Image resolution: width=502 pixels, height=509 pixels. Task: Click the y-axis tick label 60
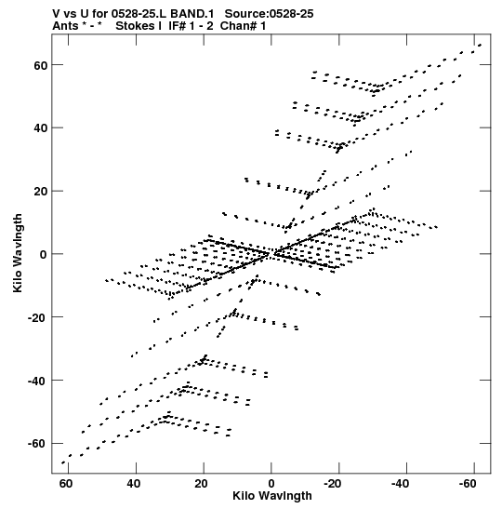click(x=41, y=65)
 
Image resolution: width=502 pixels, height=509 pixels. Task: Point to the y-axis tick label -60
click(x=37, y=444)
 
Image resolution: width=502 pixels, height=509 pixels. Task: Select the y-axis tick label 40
click(x=41, y=128)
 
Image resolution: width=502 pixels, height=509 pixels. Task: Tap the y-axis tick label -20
click(x=37, y=317)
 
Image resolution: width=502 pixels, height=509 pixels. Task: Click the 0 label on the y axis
click(x=44, y=255)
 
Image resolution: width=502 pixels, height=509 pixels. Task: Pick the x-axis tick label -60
click(x=468, y=484)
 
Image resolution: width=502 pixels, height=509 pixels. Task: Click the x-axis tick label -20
click(x=333, y=484)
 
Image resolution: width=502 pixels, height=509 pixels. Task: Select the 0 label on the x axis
click(x=271, y=484)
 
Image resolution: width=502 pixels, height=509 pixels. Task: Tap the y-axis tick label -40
click(x=37, y=381)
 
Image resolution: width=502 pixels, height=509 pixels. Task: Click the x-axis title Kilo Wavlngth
click(x=272, y=496)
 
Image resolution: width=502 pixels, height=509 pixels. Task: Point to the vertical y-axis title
click(x=18, y=253)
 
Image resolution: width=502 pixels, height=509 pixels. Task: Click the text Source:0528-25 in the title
click(x=270, y=14)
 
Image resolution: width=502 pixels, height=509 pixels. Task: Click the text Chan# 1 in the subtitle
click(x=243, y=26)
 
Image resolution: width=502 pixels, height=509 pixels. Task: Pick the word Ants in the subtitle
click(x=65, y=26)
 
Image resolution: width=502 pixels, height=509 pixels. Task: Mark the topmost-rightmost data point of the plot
click(x=480, y=45)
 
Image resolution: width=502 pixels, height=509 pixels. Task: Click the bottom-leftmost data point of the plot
click(x=63, y=462)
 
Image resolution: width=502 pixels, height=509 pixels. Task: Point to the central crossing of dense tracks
click(x=271, y=253)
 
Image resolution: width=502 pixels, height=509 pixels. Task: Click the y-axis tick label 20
click(x=41, y=192)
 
